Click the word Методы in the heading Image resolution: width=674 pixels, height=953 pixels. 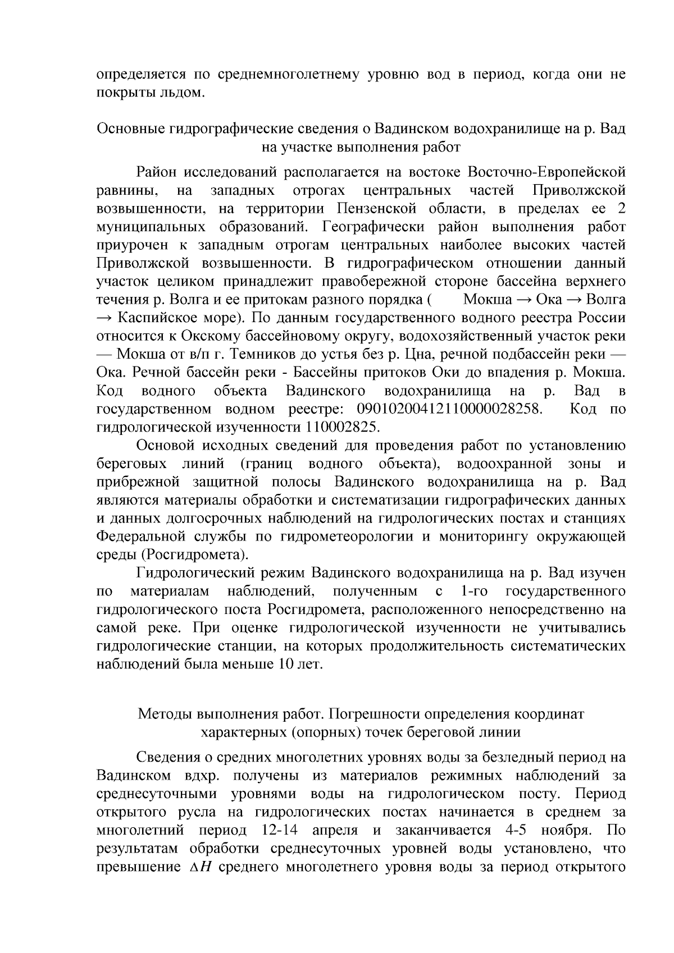click(x=166, y=714)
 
